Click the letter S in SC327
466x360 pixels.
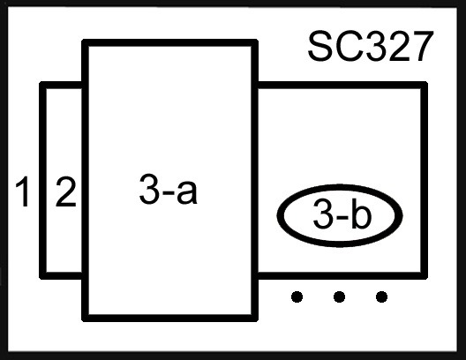click(x=320, y=47)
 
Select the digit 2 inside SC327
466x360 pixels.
click(x=399, y=47)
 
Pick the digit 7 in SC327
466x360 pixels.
click(x=421, y=47)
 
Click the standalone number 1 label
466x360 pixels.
click(x=23, y=191)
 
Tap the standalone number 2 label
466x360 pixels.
click(x=65, y=191)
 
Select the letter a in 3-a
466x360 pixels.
click(x=186, y=192)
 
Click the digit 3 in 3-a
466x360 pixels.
click(x=149, y=189)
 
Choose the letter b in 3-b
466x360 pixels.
click(x=361, y=214)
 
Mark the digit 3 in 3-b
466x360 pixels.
click(x=323, y=214)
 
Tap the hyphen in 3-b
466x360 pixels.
click(x=342, y=217)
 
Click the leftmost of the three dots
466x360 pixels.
click(x=297, y=296)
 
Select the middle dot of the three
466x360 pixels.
click(x=340, y=296)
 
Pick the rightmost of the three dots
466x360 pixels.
click(x=381, y=296)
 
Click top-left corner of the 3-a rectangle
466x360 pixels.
click(x=85, y=42)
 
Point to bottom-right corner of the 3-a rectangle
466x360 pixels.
click(x=255, y=319)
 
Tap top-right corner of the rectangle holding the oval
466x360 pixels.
click(x=425, y=85)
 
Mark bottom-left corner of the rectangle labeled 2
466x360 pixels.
click(x=42, y=275)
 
